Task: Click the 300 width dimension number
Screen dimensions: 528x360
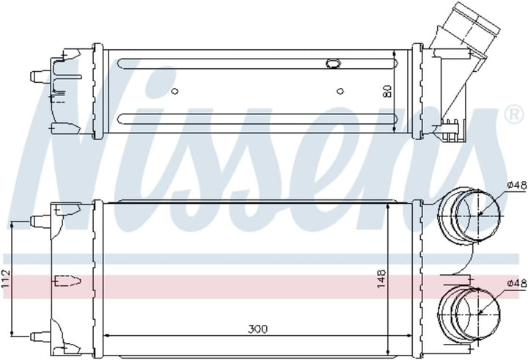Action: tap(257, 329)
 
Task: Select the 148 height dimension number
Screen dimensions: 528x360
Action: tap(381, 278)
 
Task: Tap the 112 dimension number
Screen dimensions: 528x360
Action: tap(6, 279)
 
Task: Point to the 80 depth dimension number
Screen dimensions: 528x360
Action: tap(388, 91)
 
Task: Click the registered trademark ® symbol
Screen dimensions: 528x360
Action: tap(515, 114)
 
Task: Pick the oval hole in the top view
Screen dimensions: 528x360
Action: tap(334, 63)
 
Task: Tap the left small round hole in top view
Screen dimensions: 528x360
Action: tap(175, 91)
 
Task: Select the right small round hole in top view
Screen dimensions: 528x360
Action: tap(340, 91)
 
